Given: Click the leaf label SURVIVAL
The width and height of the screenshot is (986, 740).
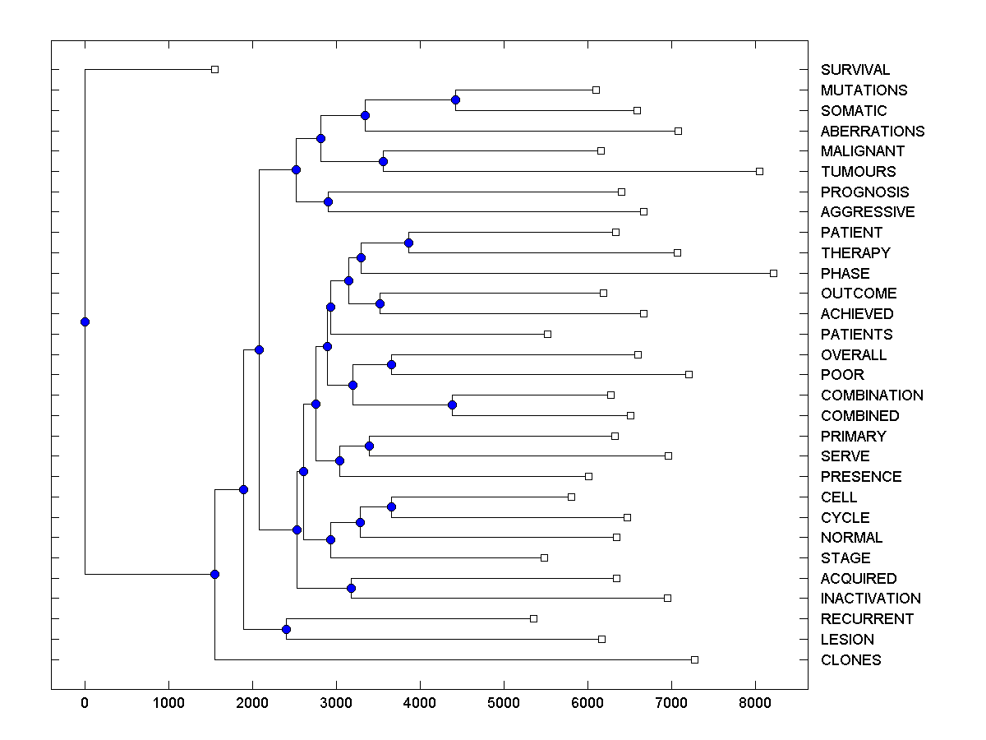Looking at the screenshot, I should pos(855,70).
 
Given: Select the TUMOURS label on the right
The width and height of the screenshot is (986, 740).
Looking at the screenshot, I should pos(858,172).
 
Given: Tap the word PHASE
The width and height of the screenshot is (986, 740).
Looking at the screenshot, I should pos(845,273).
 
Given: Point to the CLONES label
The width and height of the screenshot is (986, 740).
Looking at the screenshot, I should pos(850,660).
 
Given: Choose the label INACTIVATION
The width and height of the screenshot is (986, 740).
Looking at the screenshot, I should pos(870,599).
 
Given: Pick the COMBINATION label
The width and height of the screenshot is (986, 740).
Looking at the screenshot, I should pos(872,395).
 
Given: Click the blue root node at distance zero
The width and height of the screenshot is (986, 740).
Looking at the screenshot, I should pos(85,321).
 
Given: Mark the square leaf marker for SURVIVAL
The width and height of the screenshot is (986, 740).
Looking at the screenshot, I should pos(214,70).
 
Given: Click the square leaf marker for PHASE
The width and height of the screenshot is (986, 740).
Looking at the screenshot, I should pos(773,273).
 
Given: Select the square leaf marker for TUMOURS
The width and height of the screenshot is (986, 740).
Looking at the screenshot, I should pos(759,171).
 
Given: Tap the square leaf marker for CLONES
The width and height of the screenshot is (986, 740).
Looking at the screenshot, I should pos(694,659).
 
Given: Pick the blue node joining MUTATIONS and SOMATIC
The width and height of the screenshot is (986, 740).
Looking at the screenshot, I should pos(455,99).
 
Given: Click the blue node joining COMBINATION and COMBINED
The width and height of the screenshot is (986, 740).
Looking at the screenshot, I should pos(452,405).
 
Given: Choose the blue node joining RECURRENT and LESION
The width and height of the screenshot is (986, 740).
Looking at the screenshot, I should pos(286,629).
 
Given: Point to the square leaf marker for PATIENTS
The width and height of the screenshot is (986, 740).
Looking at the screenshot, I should pos(547,334).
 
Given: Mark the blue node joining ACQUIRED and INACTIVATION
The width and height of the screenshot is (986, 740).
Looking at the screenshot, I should pos(351,588).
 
